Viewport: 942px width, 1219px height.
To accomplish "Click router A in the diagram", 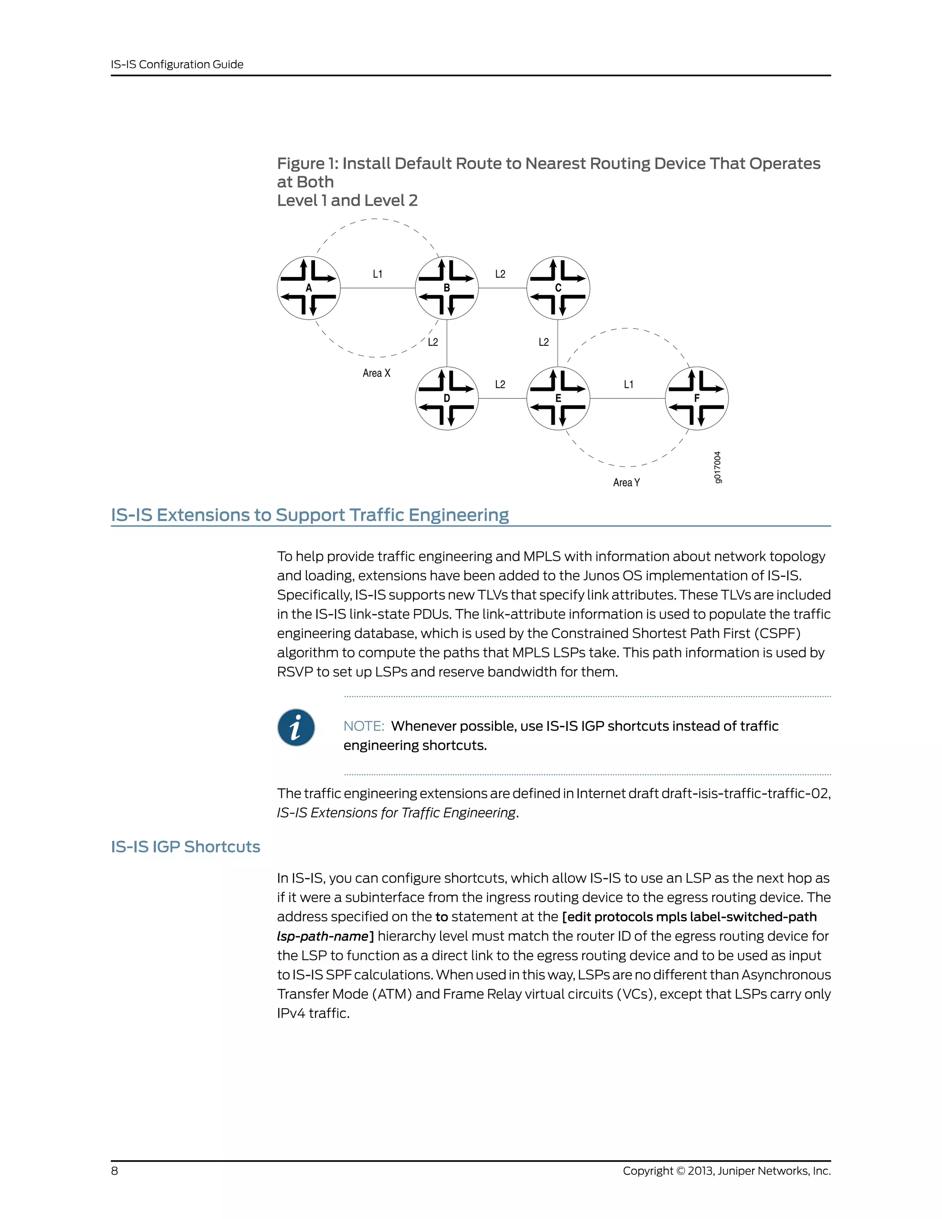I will (x=309, y=288).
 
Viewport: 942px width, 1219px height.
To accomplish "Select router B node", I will (x=447, y=288).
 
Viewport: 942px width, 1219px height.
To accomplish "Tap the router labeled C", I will (x=558, y=288).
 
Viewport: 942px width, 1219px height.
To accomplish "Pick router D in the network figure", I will (x=447, y=398).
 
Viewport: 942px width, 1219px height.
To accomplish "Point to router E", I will (x=558, y=398).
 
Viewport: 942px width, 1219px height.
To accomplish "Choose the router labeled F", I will (x=696, y=398).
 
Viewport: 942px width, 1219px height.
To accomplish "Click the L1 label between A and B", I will (x=378, y=274).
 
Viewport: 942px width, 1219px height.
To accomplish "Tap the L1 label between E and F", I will (x=628, y=385).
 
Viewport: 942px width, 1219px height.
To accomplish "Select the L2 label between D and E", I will (x=500, y=385).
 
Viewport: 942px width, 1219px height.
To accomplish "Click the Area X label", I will (x=377, y=373).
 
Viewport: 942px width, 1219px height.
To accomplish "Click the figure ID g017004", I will (x=718, y=467).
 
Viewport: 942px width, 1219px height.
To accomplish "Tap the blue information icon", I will (x=296, y=728).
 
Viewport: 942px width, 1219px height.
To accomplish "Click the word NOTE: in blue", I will (x=364, y=726).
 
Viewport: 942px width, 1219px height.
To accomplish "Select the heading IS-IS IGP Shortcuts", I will (x=185, y=847).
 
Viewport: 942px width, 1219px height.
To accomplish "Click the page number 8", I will (x=115, y=1170).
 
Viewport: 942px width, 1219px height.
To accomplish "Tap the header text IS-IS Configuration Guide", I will (x=177, y=64).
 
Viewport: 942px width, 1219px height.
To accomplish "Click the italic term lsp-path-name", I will (x=323, y=936).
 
